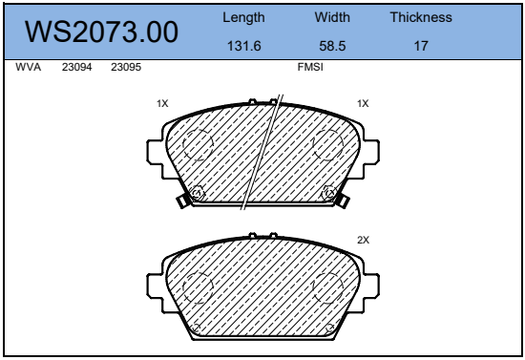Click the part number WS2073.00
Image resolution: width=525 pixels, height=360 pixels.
(x=101, y=32)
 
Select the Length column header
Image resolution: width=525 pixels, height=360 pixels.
(x=243, y=17)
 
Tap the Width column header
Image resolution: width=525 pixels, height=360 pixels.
(x=332, y=17)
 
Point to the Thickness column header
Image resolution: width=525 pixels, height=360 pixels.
(x=421, y=17)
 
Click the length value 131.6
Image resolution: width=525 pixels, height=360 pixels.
(x=243, y=46)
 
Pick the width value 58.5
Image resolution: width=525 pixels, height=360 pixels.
(x=332, y=46)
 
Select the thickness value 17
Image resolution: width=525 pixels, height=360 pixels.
(x=421, y=46)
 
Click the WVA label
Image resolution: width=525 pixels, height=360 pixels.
(x=28, y=67)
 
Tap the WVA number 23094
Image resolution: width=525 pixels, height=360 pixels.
(x=76, y=67)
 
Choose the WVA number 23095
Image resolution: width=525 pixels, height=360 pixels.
(x=126, y=67)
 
